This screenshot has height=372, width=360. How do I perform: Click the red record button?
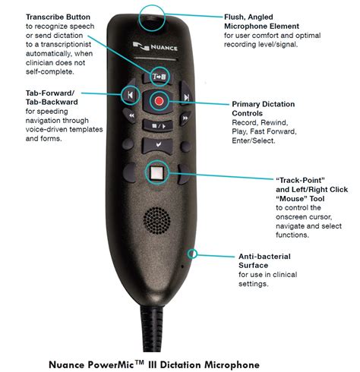click(x=159, y=101)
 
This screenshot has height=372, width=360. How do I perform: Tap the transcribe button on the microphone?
click(x=158, y=77)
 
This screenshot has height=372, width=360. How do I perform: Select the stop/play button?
click(x=158, y=125)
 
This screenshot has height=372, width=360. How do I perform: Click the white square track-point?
click(x=157, y=172)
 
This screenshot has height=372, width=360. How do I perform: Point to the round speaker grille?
click(x=157, y=220)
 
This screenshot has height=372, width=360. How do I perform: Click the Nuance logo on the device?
click(x=155, y=47)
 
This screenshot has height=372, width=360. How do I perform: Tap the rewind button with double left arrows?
click(x=131, y=116)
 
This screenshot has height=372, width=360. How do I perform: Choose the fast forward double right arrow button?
click(x=185, y=118)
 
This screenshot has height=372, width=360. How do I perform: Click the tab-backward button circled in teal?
click(x=130, y=95)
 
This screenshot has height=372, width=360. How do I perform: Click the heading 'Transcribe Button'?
click(x=58, y=17)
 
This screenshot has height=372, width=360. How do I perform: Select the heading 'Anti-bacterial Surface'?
click(x=264, y=261)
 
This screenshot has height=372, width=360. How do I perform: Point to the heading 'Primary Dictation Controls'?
click(x=264, y=109)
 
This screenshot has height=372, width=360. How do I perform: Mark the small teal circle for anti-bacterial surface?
click(x=193, y=254)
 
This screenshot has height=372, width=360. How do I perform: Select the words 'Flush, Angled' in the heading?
click(x=248, y=17)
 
